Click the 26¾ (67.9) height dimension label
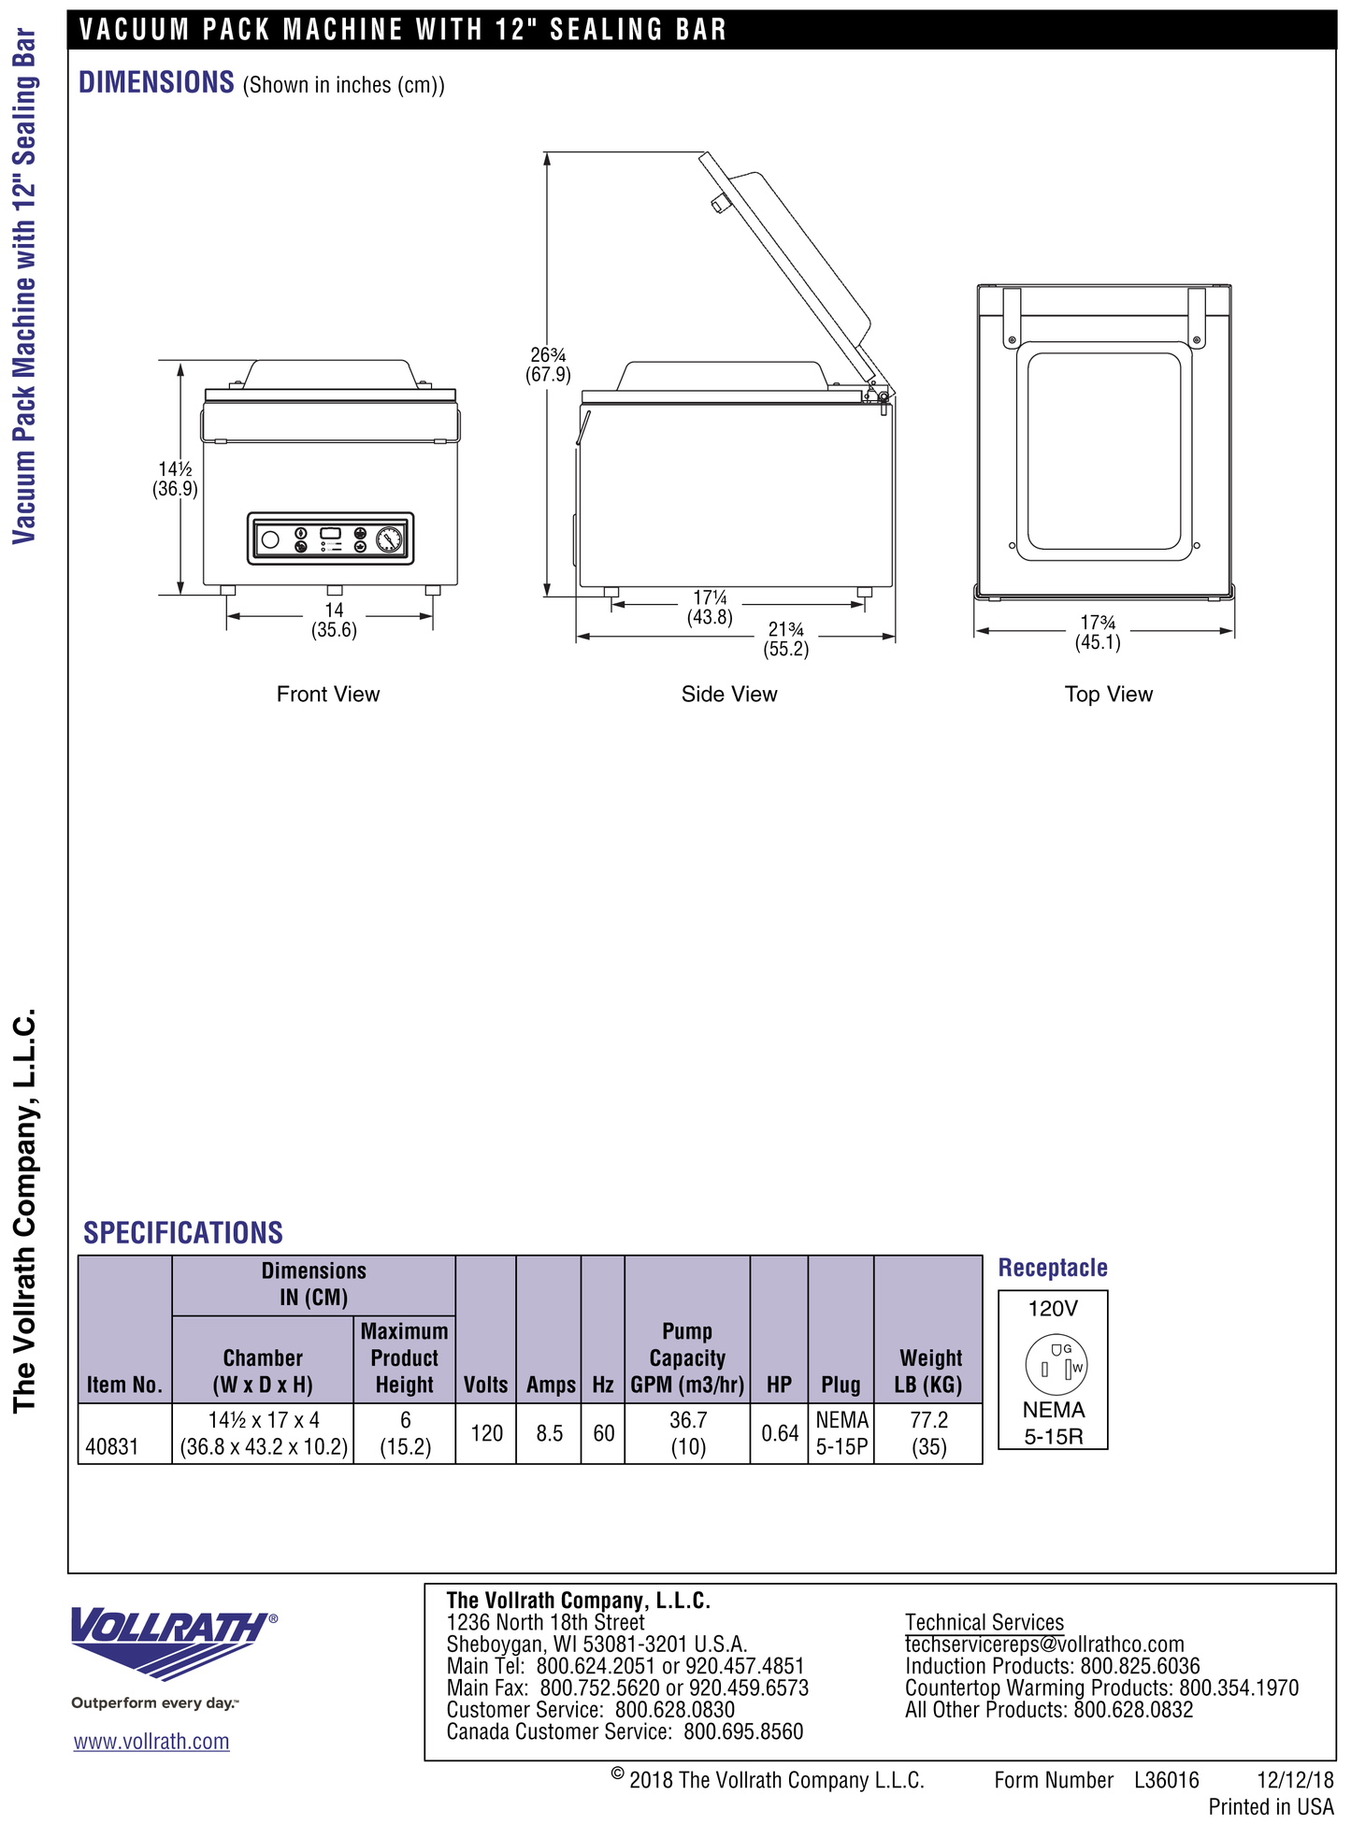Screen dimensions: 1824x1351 (x=548, y=365)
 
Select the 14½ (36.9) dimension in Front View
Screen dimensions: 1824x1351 (x=175, y=479)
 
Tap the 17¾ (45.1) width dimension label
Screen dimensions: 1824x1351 (x=1098, y=632)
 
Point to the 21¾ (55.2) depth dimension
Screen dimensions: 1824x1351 (x=786, y=639)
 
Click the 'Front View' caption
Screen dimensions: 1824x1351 (x=328, y=694)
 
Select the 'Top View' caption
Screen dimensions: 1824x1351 (x=1108, y=694)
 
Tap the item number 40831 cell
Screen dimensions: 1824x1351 (x=112, y=1446)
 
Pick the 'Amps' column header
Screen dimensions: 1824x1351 (x=551, y=1385)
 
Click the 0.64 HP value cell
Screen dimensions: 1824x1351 (x=780, y=1433)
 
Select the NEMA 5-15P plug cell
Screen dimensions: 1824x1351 (x=841, y=1433)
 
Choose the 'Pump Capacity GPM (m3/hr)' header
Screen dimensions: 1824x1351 (x=687, y=1357)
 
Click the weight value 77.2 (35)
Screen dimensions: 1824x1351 (x=928, y=1433)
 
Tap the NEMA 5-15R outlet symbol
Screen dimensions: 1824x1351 (x=1055, y=1368)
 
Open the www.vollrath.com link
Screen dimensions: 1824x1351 (x=151, y=1742)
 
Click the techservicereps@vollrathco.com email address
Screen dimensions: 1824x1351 (x=1044, y=1644)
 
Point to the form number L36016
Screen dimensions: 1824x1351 (x=1166, y=1780)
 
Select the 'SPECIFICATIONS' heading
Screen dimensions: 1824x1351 (x=183, y=1232)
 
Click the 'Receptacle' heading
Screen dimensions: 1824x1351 (x=1053, y=1268)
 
